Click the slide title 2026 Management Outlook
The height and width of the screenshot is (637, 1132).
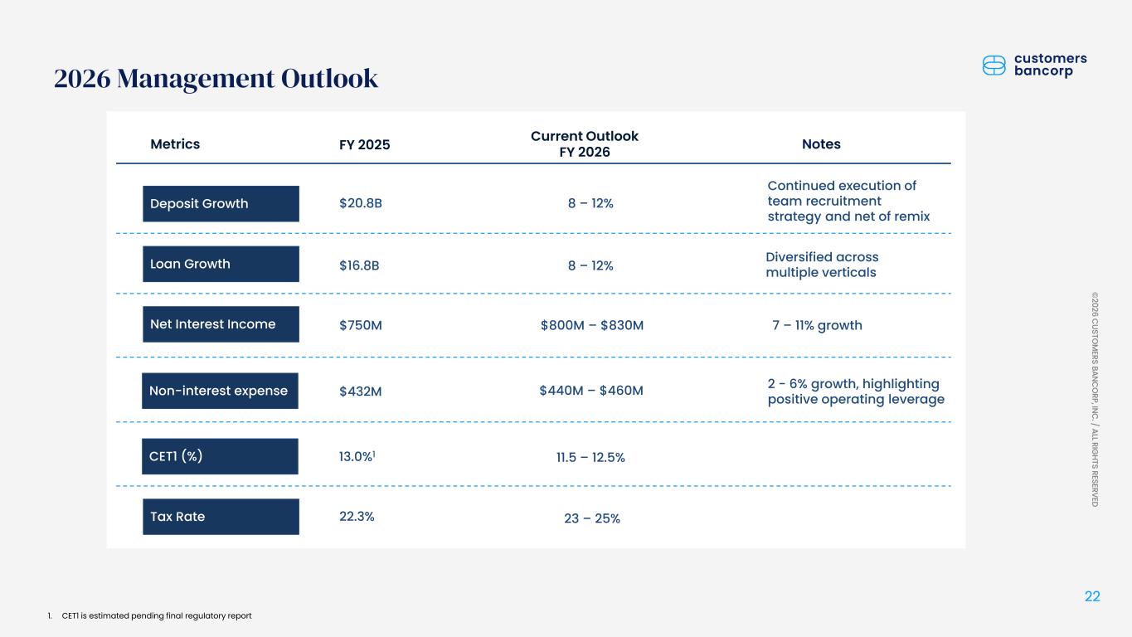tap(216, 78)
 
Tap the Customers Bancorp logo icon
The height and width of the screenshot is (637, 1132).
tap(994, 66)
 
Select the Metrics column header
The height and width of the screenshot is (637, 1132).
tap(175, 144)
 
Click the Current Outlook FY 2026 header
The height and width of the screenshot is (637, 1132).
tap(584, 144)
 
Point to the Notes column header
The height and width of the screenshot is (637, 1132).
tap(821, 144)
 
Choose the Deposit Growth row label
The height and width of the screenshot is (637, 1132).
tap(221, 203)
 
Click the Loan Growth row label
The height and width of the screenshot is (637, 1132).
tap(221, 264)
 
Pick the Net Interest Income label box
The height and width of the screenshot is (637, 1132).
tap(221, 324)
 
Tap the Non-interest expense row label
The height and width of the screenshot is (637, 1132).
tap(220, 391)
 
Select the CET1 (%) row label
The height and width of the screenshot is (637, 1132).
tap(220, 456)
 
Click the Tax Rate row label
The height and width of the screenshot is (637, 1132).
tap(221, 517)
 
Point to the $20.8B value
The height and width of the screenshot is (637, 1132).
tap(361, 203)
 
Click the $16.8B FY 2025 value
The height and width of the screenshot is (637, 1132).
tap(360, 265)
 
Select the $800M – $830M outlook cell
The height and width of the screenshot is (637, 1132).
tap(591, 325)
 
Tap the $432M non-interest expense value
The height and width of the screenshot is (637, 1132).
tap(361, 391)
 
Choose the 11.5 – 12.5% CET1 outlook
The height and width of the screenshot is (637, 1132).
tap(590, 458)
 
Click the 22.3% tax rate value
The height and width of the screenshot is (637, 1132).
tap(357, 517)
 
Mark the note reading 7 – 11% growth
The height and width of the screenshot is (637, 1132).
tap(817, 325)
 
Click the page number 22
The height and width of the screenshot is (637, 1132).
tap(1092, 597)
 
